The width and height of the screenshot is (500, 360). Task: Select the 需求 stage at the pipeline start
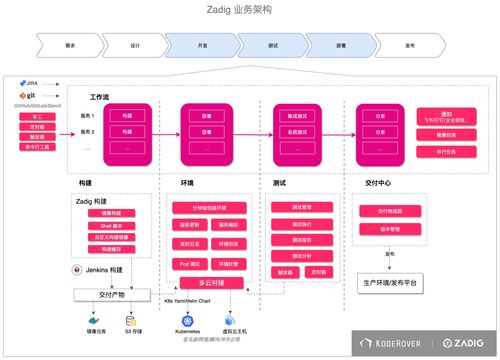pyautogui.click(x=68, y=45)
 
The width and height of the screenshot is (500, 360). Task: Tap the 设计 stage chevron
pyautogui.click(x=135, y=45)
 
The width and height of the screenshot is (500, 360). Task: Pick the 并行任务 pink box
pyautogui.click(x=433, y=152)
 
